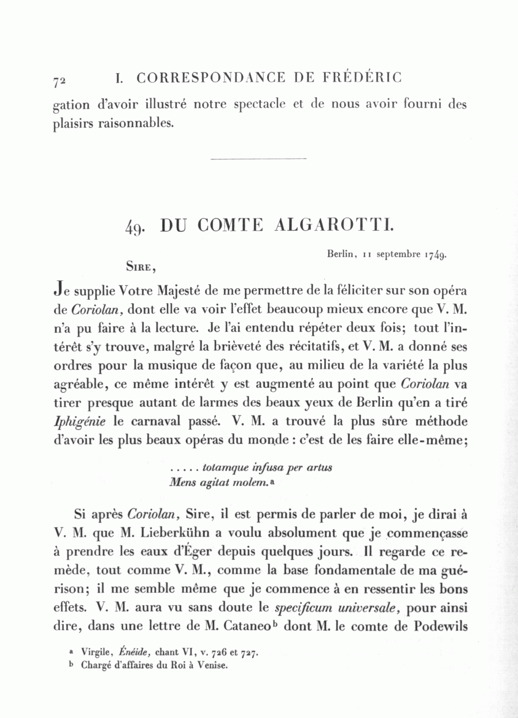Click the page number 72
pyautogui.click(x=59, y=82)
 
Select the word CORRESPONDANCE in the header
pyautogui.click(x=211, y=77)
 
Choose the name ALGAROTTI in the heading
pyautogui.click(x=335, y=226)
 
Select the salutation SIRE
pyautogui.click(x=140, y=266)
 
